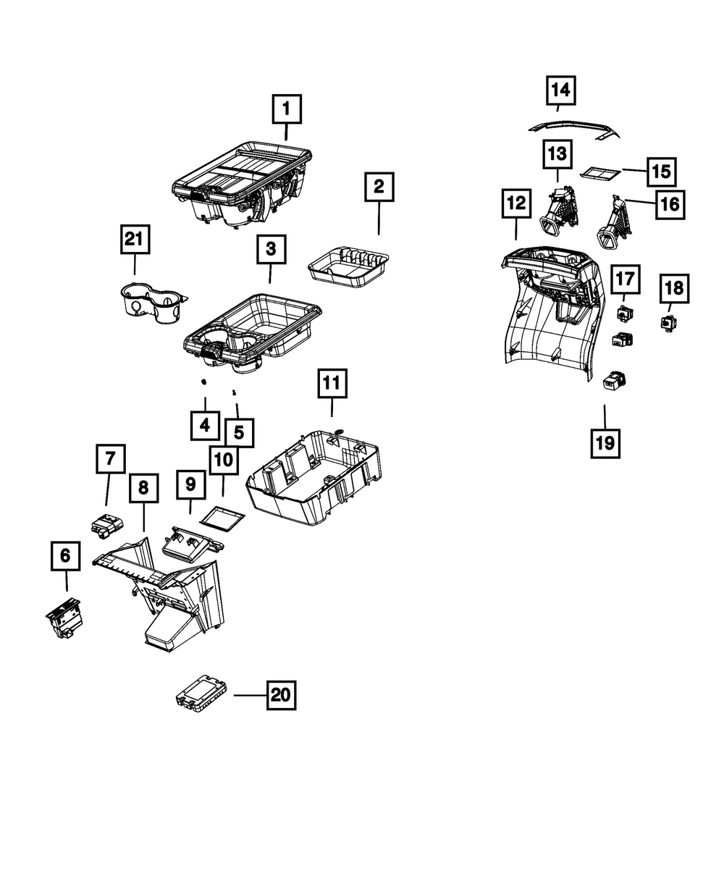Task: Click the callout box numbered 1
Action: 287,109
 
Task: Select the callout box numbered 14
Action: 560,90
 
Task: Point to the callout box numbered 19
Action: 605,443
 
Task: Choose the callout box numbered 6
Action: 66,555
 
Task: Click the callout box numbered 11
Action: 332,383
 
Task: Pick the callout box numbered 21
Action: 135,239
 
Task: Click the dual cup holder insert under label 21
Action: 153,303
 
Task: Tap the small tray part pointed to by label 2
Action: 348,267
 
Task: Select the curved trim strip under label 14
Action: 575,129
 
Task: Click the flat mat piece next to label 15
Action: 599,172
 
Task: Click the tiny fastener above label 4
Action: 204,382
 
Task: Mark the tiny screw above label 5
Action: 234,392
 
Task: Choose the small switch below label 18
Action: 668,324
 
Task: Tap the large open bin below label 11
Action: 314,478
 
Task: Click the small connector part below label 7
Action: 107,526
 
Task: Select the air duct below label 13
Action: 560,211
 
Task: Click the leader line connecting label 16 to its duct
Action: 640,201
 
